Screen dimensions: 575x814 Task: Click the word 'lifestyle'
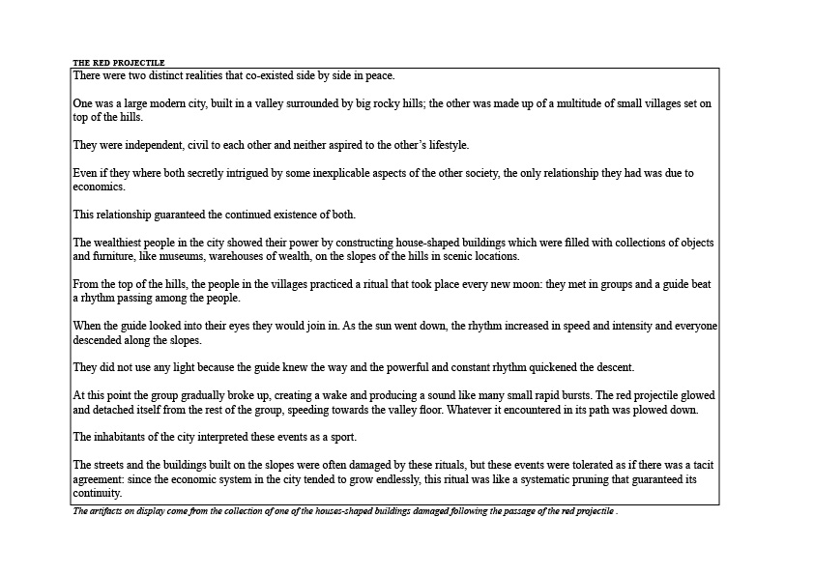pyautogui.click(x=444, y=145)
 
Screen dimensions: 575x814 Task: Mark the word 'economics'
pyautogui.click(x=98, y=187)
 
